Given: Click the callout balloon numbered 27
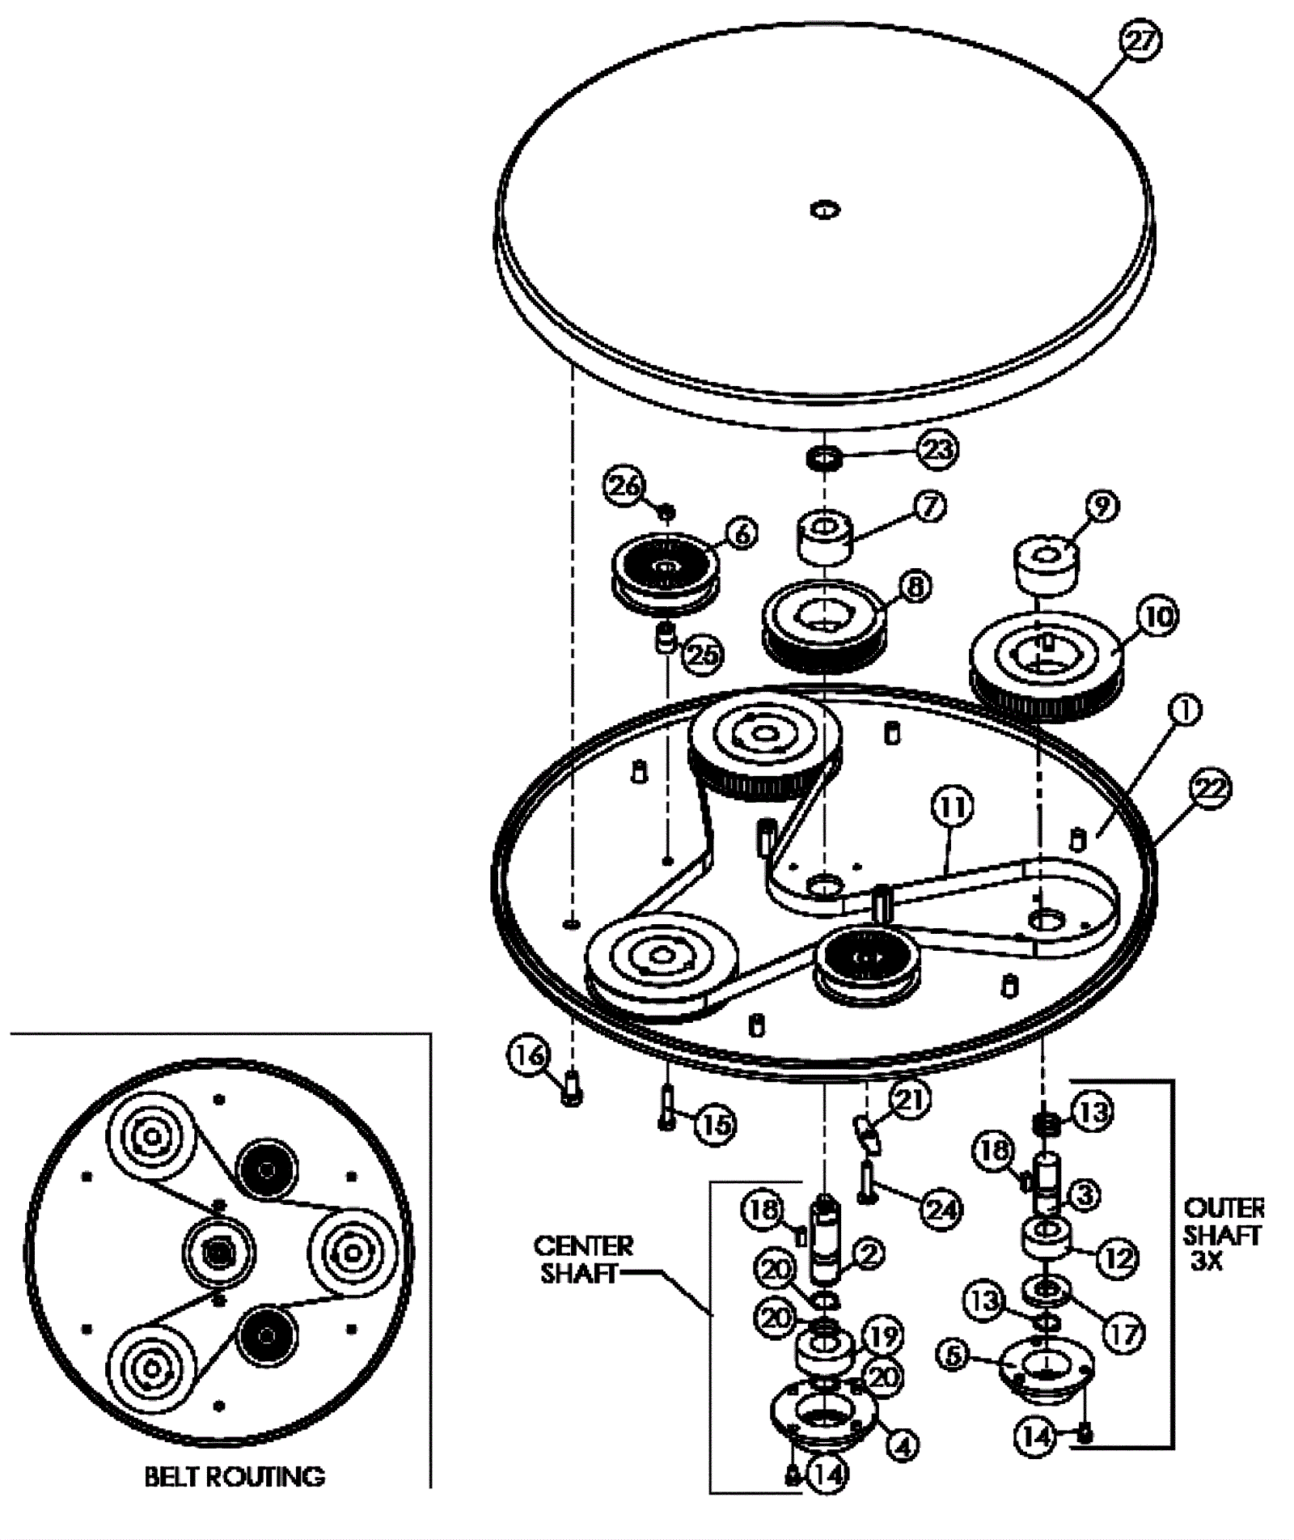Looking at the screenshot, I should (x=1140, y=41).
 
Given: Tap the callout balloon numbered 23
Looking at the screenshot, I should (x=938, y=449).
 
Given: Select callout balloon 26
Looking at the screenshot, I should (x=624, y=486).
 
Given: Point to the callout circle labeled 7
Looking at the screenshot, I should (x=928, y=507).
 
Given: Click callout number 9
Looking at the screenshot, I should (x=1102, y=506).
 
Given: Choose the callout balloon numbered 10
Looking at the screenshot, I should (x=1158, y=617).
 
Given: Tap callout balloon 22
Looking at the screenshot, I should (x=1210, y=789).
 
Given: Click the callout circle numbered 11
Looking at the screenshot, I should (x=952, y=807).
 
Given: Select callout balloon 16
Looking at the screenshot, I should (x=530, y=1055).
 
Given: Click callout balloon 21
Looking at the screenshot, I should (x=910, y=1100).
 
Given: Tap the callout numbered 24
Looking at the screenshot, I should (x=941, y=1211).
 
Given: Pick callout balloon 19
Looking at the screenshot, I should (x=882, y=1336).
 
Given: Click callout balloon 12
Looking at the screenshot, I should (x=1117, y=1258).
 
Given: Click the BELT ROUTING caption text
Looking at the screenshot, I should (x=235, y=1477).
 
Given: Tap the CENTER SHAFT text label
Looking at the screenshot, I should (x=583, y=1259).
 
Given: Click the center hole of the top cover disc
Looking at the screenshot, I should (x=825, y=210).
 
